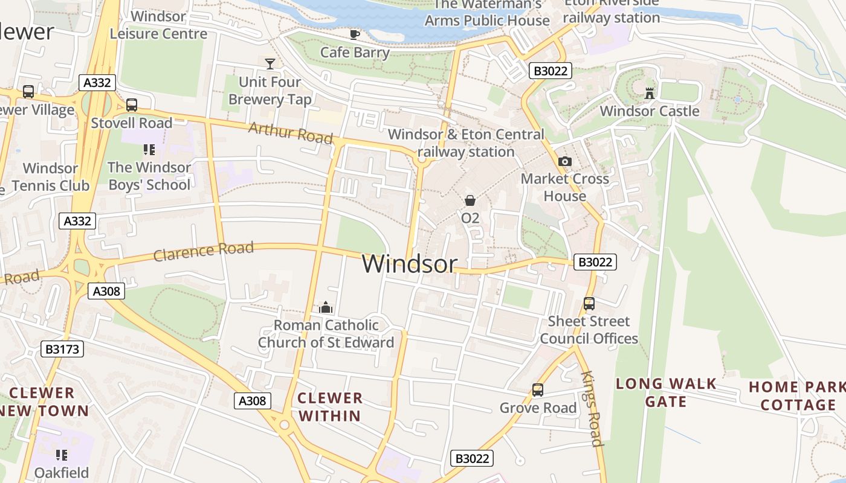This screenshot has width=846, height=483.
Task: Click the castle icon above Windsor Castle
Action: [650, 94]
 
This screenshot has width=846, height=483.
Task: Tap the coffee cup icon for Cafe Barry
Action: [355, 34]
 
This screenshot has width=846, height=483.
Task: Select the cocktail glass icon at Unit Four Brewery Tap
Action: [270, 63]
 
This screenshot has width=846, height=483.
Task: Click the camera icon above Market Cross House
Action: [565, 161]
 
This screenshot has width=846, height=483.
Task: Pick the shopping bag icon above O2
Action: [470, 200]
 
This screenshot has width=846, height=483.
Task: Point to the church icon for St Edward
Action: [326, 308]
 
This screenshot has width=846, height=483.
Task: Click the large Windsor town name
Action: [410, 264]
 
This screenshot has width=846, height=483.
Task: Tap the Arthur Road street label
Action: [291, 132]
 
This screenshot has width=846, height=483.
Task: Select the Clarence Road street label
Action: [203, 251]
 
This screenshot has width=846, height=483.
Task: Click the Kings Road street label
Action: [592, 408]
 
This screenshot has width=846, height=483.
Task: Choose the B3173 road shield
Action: [62, 349]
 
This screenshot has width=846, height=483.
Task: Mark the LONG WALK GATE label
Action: [666, 392]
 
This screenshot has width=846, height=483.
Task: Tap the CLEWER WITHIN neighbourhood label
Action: [330, 406]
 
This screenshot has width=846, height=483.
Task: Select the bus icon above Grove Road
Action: [538, 390]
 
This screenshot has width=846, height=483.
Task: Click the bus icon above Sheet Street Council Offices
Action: [589, 304]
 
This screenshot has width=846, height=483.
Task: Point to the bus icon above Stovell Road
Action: [132, 105]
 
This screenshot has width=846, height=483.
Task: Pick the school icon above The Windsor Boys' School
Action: [149, 149]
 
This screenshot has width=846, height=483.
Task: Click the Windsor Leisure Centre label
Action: [159, 25]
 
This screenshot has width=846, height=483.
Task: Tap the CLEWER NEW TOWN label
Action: [42, 401]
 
